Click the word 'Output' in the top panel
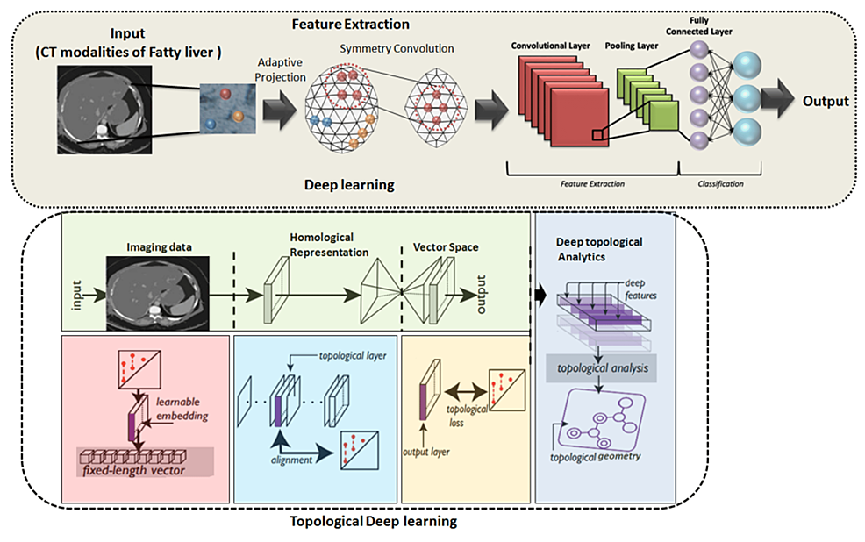[826, 101]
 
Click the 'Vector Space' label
[446, 247]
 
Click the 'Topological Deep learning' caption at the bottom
[373, 523]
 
